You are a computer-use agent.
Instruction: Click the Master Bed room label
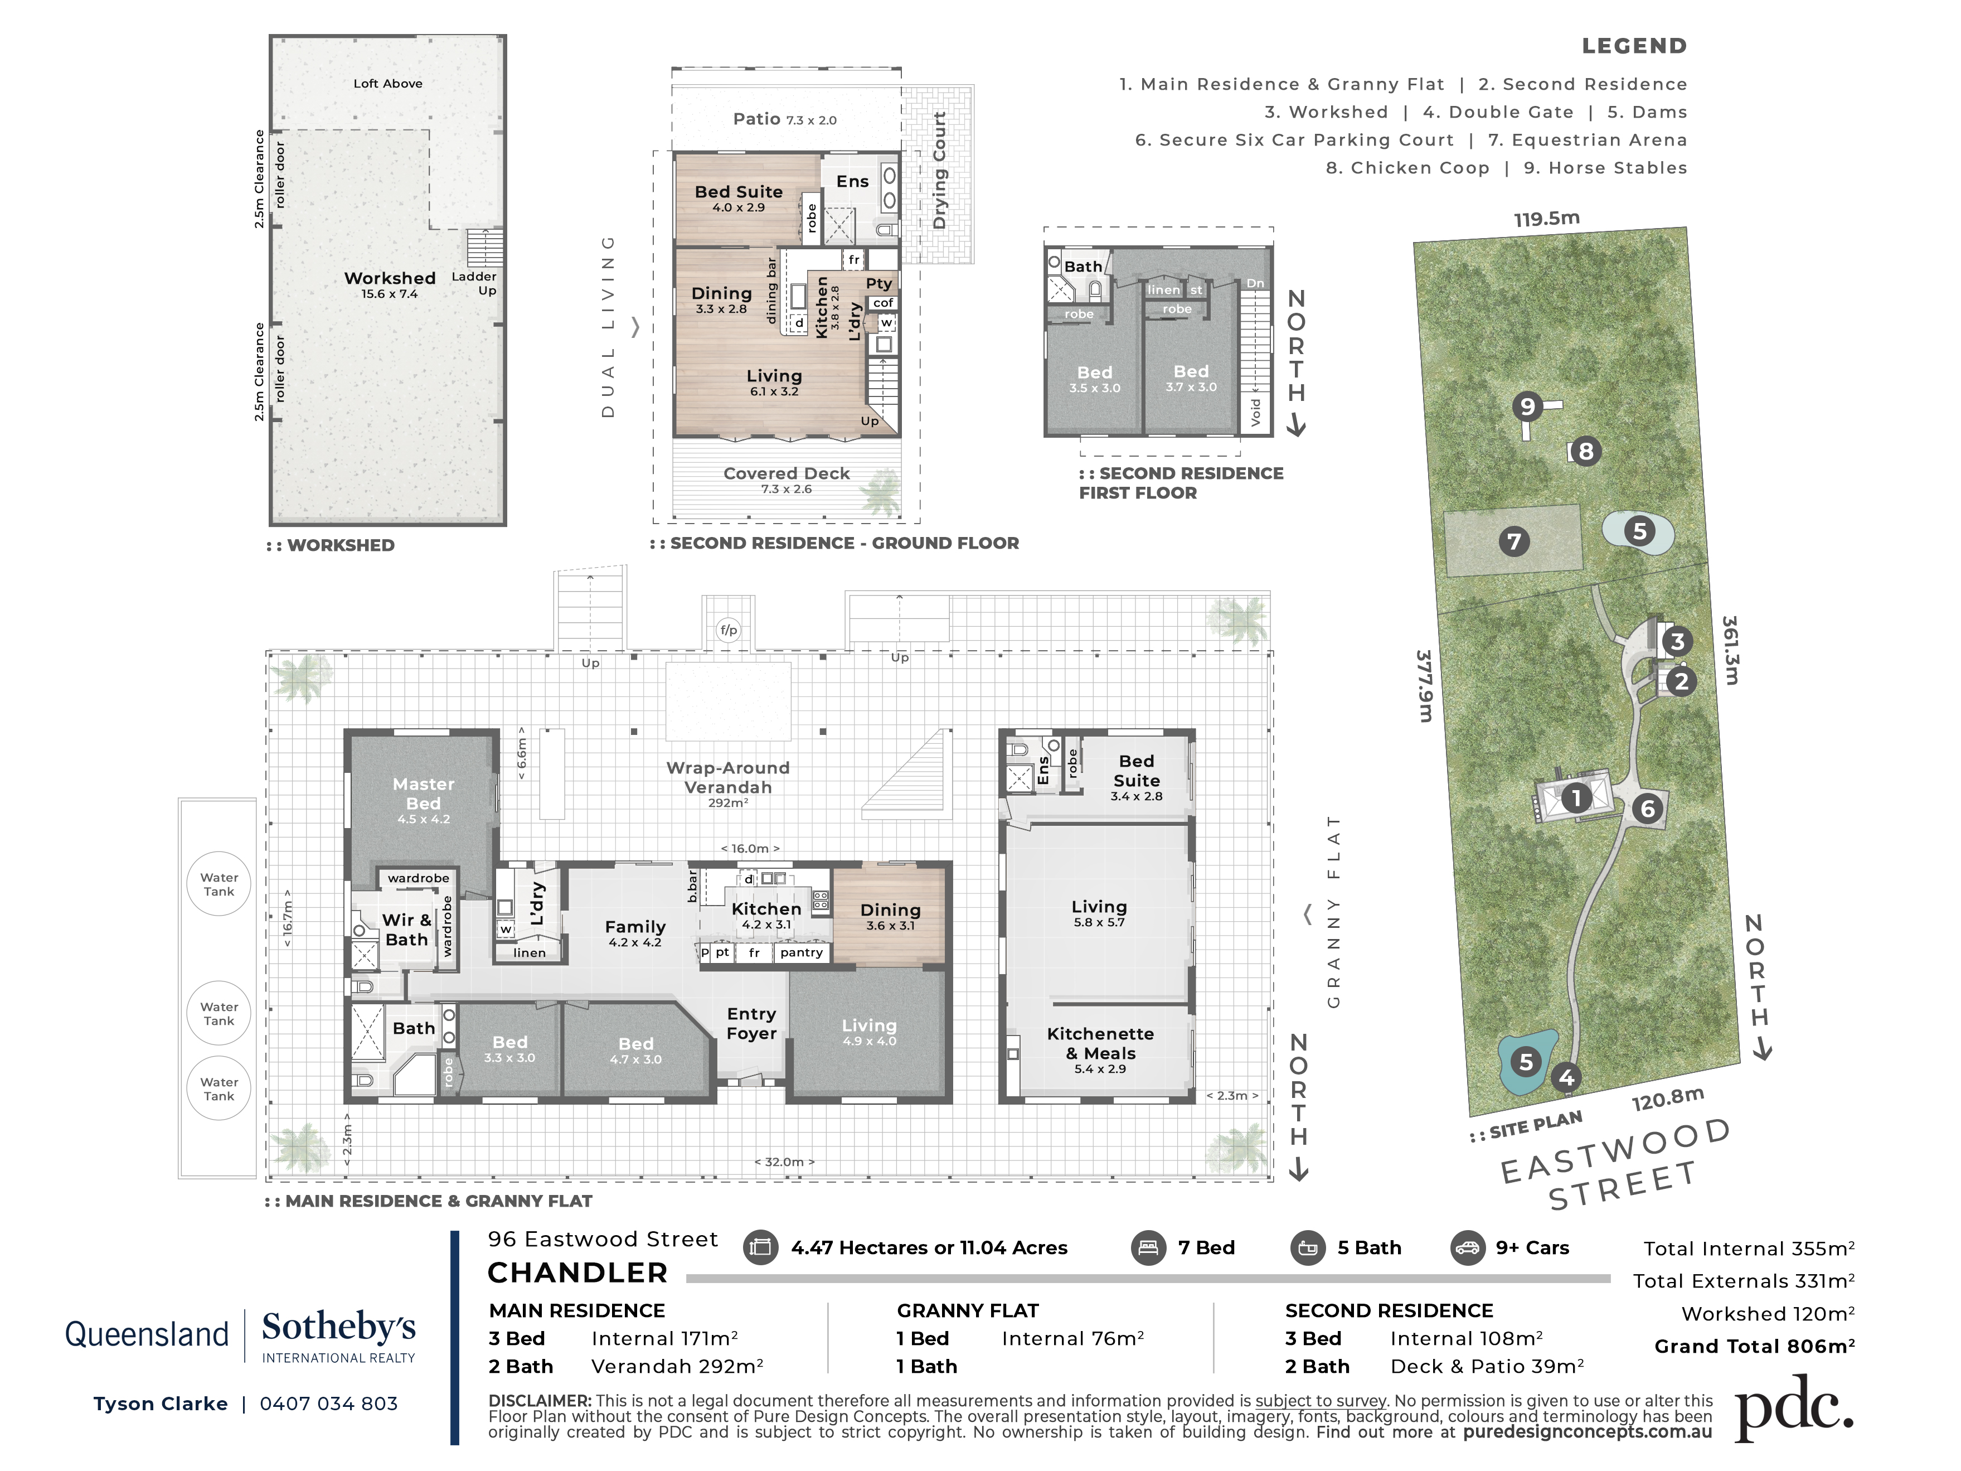click(x=423, y=793)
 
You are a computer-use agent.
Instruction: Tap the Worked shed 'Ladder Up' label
click(x=474, y=283)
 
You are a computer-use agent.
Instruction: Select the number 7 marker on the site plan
click(x=1513, y=541)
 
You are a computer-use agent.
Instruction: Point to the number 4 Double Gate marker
click(x=1566, y=1077)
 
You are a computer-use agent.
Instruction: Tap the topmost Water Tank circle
click(x=219, y=884)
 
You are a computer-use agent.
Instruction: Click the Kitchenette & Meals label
click(x=1100, y=1044)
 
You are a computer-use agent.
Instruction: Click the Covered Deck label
click(x=787, y=473)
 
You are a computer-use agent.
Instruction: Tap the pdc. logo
click(x=1793, y=1408)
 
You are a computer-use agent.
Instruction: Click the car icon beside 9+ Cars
click(x=1467, y=1247)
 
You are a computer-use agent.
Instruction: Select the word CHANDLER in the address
click(x=577, y=1272)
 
